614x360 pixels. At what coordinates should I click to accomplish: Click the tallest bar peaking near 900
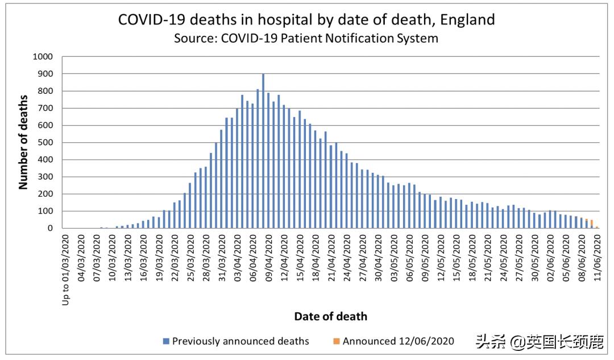263,151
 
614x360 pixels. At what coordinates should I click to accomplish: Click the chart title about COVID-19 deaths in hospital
306,19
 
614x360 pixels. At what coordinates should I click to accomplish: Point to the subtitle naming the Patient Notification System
306,39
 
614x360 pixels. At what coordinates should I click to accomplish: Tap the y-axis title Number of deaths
23,143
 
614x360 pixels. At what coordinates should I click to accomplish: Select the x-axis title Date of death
330,316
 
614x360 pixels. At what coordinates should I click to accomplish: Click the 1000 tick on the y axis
43,57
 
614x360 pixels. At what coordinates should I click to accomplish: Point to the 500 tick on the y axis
45,143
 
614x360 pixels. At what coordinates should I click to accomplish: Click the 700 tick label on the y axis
45,108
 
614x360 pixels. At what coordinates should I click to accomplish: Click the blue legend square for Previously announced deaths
166,341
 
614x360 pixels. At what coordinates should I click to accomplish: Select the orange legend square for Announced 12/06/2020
337,341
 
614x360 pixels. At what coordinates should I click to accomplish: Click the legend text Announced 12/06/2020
398,341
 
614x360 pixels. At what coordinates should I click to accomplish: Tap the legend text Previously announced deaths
240,341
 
